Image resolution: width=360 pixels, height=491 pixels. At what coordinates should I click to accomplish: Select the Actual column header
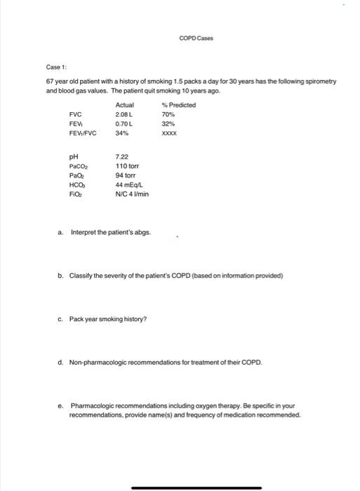point(124,105)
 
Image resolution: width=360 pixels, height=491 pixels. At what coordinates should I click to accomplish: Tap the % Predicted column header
point(178,105)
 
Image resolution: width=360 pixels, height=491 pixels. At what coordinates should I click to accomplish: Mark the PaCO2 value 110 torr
point(126,168)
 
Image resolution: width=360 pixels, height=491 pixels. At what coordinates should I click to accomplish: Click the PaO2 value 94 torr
point(124,176)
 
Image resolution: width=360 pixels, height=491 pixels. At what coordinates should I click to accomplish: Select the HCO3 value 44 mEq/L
point(128,184)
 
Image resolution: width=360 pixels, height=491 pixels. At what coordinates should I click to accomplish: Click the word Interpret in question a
point(84,232)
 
